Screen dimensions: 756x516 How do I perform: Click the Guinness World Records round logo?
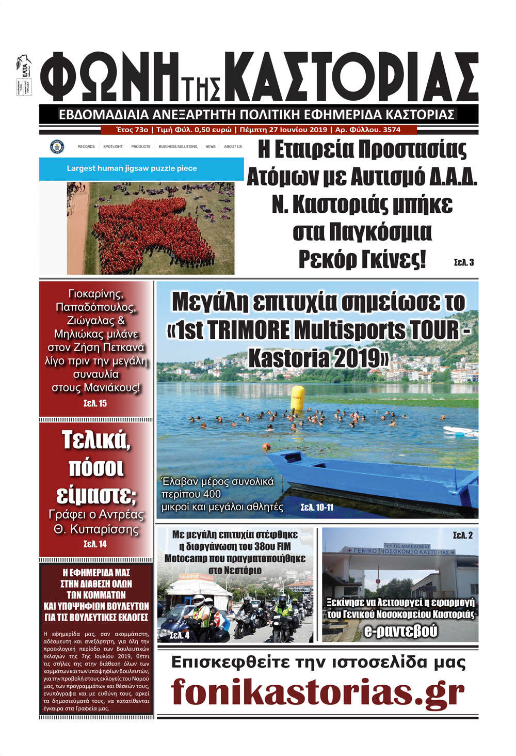point(57,147)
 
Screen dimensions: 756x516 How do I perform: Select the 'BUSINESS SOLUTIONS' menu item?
point(178,147)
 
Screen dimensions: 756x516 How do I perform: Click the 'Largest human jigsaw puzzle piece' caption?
point(132,168)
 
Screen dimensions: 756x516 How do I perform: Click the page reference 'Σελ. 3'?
point(463,262)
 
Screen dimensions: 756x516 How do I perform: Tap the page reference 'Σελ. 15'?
point(95,403)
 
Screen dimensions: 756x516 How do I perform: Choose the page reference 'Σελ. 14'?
point(95,544)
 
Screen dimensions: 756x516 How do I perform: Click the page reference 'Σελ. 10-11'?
point(317,508)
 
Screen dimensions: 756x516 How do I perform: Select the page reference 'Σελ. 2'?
point(462,535)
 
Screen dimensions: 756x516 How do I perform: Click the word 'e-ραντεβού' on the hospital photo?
point(400,631)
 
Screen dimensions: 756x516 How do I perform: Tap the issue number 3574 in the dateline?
point(392,130)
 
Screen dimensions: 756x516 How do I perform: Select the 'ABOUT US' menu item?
point(233,147)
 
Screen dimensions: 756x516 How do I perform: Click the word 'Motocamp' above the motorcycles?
point(187,559)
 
